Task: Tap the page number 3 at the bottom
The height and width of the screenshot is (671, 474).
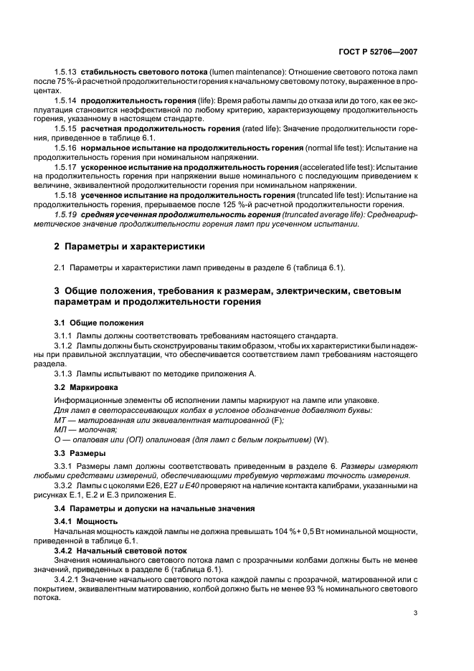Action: point(415,613)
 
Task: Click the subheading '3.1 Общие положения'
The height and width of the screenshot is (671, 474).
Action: point(99,323)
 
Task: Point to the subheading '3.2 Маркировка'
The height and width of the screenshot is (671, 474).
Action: point(89,388)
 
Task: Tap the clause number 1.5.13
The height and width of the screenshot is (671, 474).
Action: point(66,74)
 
